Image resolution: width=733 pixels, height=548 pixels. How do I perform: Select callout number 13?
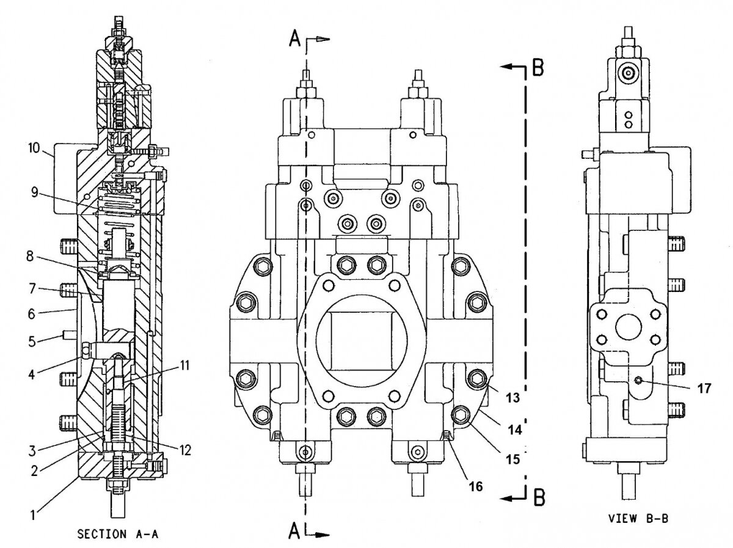click(512, 398)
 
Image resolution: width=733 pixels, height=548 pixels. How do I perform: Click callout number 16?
click(475, 486)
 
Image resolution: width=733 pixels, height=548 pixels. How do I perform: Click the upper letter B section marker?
click(538, 67)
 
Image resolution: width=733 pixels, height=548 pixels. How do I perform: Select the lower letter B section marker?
click(538, 498)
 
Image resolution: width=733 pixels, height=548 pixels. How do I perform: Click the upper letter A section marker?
click(295, 39)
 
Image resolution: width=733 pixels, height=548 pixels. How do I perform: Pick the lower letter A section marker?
click(295, 532)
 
